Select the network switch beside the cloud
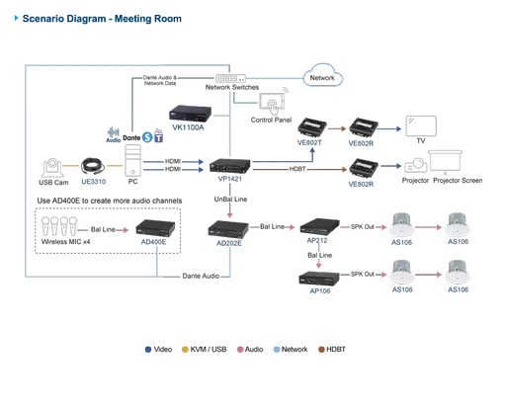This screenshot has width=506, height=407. pos(234,76)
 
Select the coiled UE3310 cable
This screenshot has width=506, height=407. pos(92,165)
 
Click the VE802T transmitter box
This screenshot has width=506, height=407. pos(313,126)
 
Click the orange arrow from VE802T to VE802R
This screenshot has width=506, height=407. pos(336,127)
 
